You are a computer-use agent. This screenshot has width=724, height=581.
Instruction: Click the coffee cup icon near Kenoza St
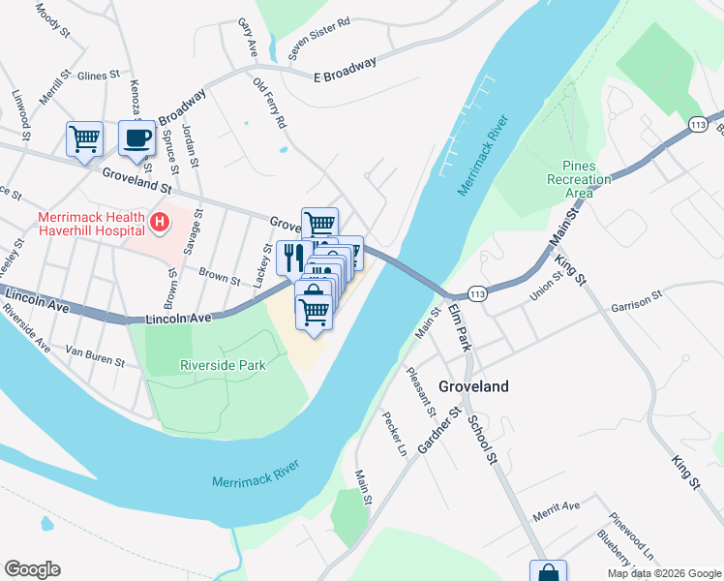click(x=136, y=138)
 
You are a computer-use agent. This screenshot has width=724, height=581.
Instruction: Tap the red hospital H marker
click(x=160, y=224)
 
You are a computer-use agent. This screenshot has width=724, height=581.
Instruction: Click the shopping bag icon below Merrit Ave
click(x=547, y=572)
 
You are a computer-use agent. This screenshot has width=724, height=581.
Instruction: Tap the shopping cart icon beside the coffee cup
click(x=84, y=138)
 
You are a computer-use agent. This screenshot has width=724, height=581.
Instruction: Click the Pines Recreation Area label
click(x=579, y=179)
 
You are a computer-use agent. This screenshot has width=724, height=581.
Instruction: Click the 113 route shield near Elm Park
click(x=475, y=292)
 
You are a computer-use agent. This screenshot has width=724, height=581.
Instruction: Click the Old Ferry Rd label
click(x=270, y=104)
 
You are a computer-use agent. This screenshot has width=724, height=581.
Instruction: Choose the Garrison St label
click(x=636, y=302)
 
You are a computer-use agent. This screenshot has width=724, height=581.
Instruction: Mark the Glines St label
click(x=98, y=74)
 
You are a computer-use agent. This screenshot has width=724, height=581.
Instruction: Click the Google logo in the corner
click(x=32, y=569)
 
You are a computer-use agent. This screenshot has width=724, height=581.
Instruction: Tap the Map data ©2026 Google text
click(x=663, y=573)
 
